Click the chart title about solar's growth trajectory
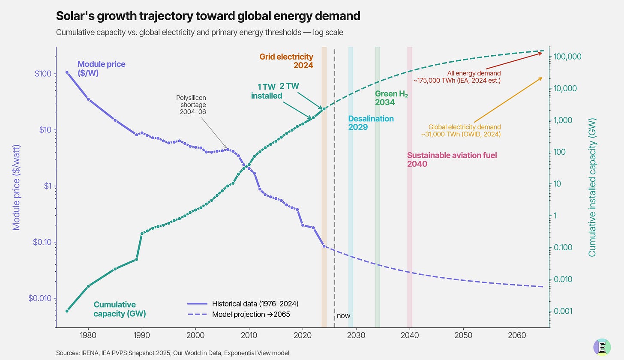(x=208, y=16)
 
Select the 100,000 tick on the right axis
(x=568, y=57)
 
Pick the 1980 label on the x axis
(x=88, y=334)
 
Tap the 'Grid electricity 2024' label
(x=286, y=61)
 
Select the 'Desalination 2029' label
(x=371, y=123)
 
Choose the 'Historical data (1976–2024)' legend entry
(x=255, y=303)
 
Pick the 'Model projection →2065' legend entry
(x=251, y=314)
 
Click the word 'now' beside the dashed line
(x=343, y=316)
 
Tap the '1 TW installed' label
(x=267, y=92)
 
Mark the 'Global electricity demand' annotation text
(x=464, y=131)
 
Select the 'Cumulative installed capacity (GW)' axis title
(x=592, y=187)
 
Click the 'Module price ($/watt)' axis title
(x=16, y=187)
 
